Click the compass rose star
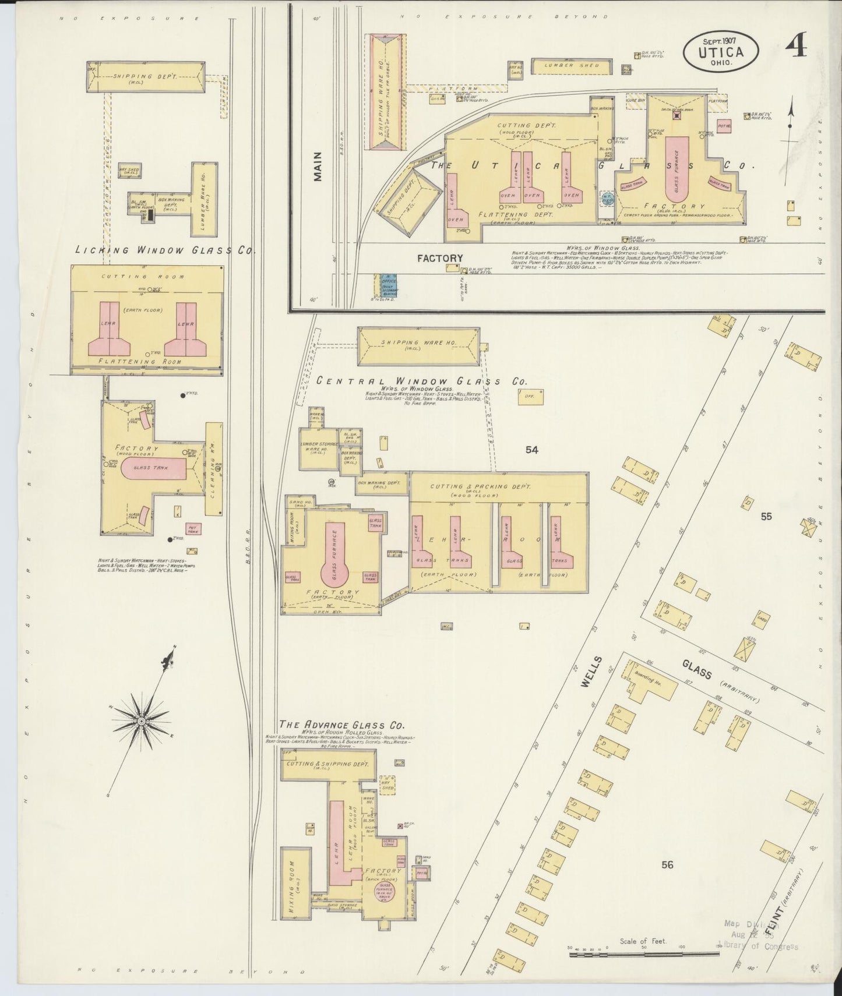(x=141, y=721)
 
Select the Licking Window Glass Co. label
(x=166, y=250)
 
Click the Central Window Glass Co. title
(x=422, y=382)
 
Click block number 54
(x=531, y=449)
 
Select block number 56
(x=667, y=865)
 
